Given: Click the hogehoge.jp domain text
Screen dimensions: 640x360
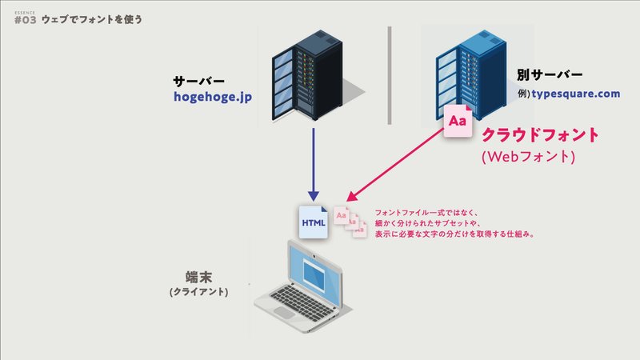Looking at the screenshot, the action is [x=213, y=97].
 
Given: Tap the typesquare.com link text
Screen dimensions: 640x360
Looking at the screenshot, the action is [x=575, y=94].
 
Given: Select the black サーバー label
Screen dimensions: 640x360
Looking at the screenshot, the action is [x=198, y=82].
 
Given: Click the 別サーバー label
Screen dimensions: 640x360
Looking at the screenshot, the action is [x=550, y=74].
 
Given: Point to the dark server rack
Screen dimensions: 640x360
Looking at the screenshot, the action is [x=307, y=75].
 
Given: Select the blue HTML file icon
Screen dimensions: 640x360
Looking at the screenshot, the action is [x=314, y=222].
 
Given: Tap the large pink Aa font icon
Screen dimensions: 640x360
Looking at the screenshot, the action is [x=458, y=121].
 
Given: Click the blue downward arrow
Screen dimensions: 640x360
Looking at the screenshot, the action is [x=314, y=165].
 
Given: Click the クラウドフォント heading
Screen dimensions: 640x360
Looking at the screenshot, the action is [x=540, y=134].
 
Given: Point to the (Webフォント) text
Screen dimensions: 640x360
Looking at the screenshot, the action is [x=529, y=157].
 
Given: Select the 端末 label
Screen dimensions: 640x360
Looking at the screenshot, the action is [x=198, y=277].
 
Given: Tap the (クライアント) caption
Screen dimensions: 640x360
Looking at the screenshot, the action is [x=198, y=292].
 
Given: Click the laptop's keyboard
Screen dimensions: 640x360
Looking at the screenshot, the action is [x=302, y=301].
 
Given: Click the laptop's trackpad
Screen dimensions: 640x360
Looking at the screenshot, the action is [x=284, y=312].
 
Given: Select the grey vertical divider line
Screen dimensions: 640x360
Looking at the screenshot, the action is [x=390, y=75].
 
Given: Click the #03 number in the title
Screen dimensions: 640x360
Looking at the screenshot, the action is [x=26, y=20].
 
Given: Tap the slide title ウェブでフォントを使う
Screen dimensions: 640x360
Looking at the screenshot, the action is [x=92, y=19].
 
